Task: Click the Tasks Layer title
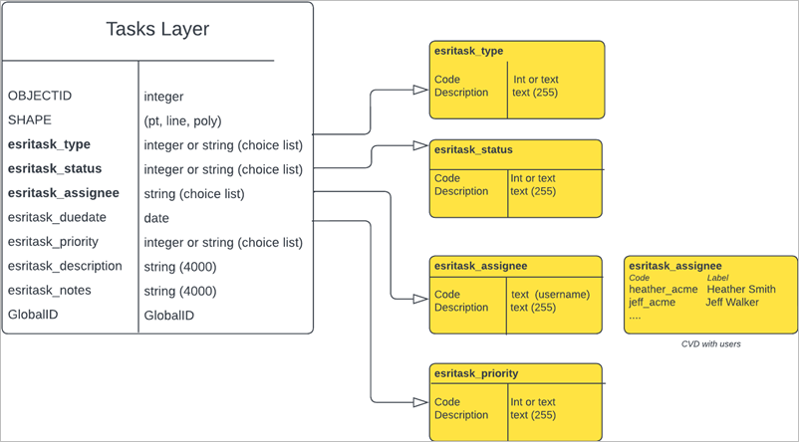157,30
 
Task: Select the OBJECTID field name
40,97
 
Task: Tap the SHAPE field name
30,120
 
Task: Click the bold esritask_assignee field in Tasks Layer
64,193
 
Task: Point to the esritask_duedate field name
57,217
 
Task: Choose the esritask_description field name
65,266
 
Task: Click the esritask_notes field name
49,291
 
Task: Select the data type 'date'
156,218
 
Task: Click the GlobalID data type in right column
169,316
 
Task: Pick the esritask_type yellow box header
469,50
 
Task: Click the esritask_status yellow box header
473,150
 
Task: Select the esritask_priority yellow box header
476,374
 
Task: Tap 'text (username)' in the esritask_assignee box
550,295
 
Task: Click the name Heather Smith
741,290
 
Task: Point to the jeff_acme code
653,302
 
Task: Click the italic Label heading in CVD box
721,278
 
